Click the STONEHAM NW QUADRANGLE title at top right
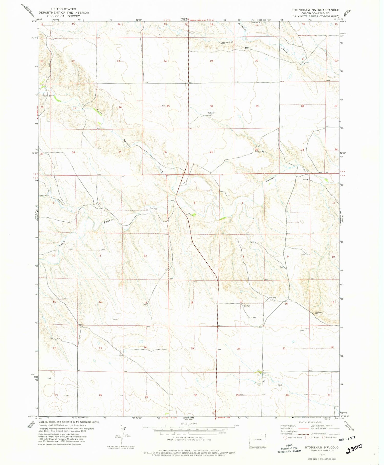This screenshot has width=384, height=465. (316, 10)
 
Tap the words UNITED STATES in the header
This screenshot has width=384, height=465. (63, 9)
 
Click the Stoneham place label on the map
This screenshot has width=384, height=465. (318, 312)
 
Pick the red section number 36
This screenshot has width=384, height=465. (165, 152)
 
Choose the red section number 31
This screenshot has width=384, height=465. (211, 152)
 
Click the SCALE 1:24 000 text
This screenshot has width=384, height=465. (188, 423)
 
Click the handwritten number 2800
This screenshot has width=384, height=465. (354, 449)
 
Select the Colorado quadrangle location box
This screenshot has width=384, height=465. (258, 440)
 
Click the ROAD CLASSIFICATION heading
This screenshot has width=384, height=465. (310, 422)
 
